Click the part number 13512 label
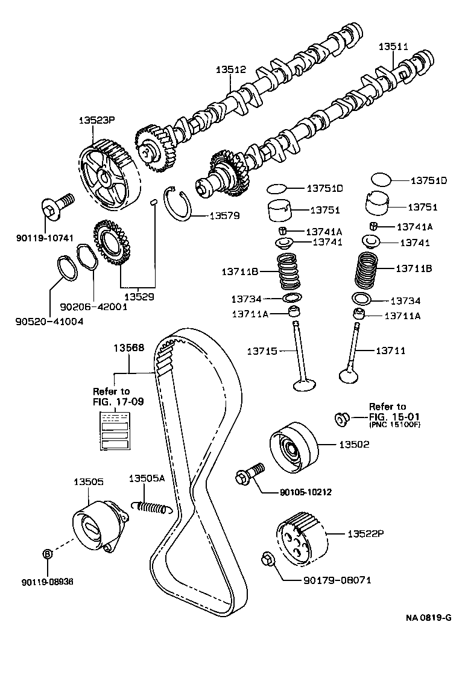231,69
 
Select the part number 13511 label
393,46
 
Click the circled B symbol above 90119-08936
48,554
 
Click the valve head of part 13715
303,385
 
